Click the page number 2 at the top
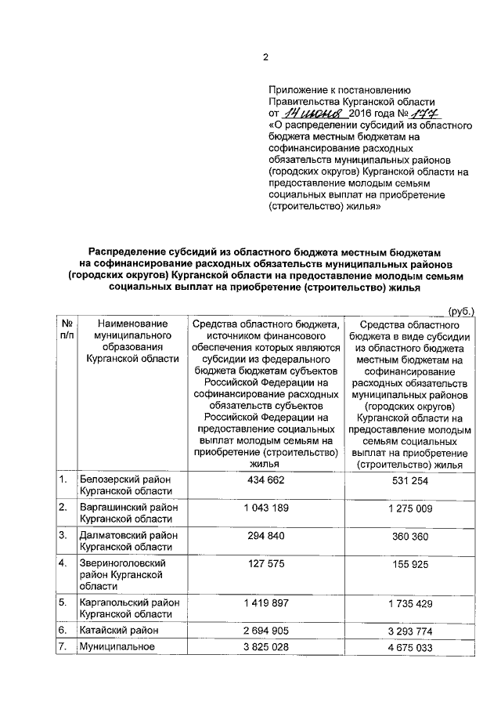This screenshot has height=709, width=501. pos(265,57)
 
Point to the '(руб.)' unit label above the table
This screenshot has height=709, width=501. pos(460,311)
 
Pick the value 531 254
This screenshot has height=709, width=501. pos(410,480)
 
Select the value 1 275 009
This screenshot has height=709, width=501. pos(410,508)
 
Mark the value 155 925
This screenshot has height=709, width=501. pos(410,563)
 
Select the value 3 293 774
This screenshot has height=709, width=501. pos(410,630)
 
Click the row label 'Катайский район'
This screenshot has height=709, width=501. pos(117,630)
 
